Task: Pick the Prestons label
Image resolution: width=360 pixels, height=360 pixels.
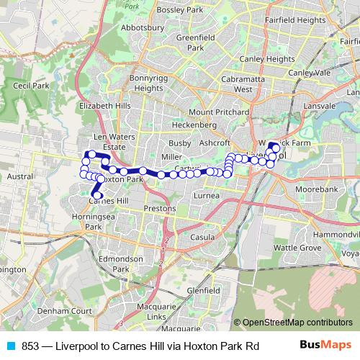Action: tap(159, 208)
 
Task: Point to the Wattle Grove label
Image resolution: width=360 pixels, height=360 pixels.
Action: tap(297, 248)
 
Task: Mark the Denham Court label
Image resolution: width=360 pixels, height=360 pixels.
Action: tap(56, 310)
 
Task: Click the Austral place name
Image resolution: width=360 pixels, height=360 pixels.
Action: tap(19, 176)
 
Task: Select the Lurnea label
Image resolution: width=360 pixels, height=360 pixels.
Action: tap(207, 195)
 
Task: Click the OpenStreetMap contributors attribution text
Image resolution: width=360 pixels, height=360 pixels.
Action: tap(297, 323)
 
